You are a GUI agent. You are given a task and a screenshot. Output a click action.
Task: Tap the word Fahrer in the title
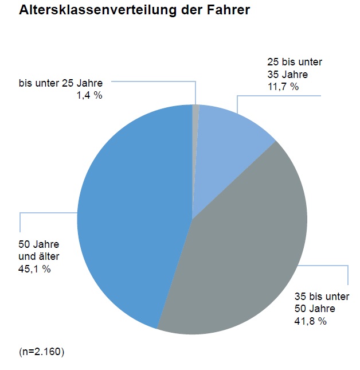point(229,10)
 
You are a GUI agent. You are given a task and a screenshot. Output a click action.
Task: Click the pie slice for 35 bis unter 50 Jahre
point(246,247)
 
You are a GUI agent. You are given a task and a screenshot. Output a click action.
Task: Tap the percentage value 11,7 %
point(283,87)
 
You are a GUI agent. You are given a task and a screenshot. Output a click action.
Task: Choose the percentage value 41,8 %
point(310,321)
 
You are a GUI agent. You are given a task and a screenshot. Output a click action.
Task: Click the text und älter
point(39,256)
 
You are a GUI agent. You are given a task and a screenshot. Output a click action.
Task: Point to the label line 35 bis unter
point(322,297)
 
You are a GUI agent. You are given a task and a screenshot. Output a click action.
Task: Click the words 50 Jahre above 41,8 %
point(314,309)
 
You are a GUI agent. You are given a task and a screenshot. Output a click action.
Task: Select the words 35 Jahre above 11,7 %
point(287,75)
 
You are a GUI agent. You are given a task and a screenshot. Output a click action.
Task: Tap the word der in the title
point(195,10)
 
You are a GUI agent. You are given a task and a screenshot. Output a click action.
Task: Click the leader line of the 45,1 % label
point(21,221)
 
